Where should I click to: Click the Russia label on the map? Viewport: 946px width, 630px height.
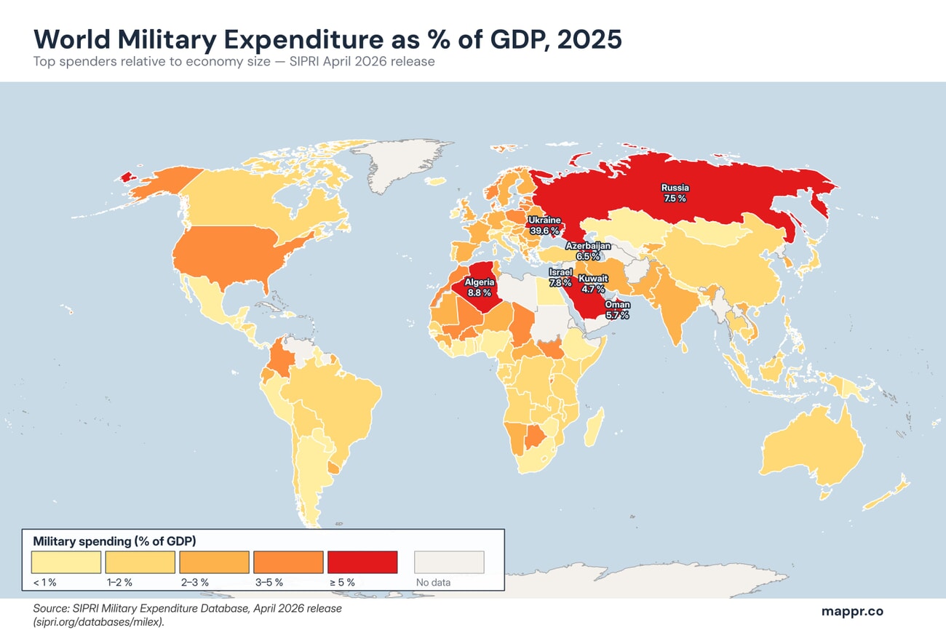pos(675,193)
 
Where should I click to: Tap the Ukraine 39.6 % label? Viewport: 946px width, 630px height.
pos(544,225)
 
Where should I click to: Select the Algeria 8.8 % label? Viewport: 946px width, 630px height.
pos(480,287)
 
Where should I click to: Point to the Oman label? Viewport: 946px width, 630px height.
pos(617,310)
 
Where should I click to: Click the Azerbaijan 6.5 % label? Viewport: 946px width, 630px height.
pos(588,251)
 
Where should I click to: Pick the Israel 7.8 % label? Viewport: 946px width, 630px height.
pos(560,277)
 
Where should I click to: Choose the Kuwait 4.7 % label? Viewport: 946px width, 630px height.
pos(593,284)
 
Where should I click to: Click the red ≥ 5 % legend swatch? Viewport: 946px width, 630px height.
pos(362,562)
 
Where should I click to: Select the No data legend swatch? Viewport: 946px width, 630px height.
pos(449,562)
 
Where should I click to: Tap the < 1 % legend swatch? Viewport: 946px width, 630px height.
pos(66,562)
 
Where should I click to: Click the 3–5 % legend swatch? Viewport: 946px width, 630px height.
pos(288,562)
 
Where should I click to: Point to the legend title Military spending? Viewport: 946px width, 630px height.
pos(114,541)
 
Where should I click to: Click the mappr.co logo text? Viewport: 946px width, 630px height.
pos(852,611)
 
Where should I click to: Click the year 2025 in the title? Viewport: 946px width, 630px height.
pos(589,39)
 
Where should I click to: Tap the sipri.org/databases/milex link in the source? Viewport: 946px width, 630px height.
pos(109,623)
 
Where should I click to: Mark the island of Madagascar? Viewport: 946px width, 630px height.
pos(594,428)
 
